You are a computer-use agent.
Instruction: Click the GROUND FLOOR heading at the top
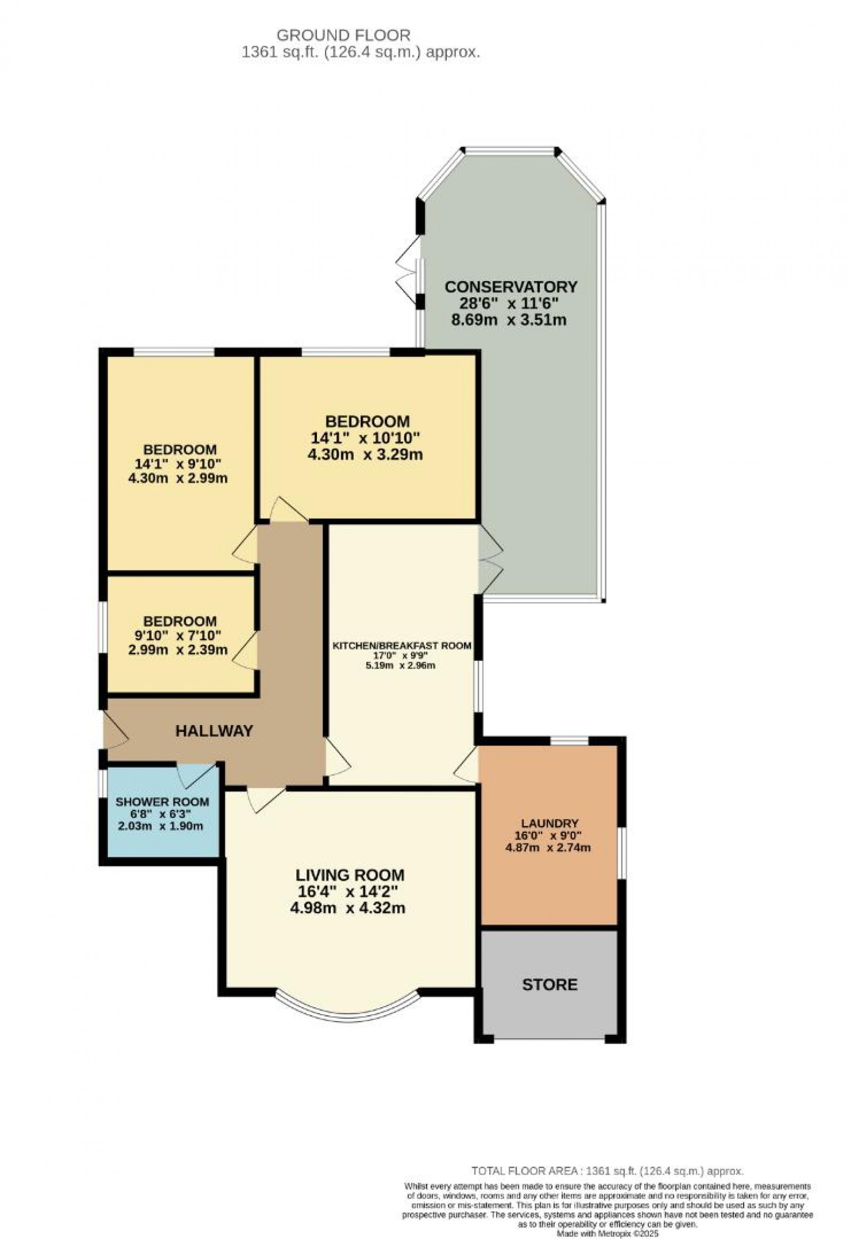click(x=344, y=36)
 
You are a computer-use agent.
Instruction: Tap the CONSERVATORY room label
click(x=511, y=287)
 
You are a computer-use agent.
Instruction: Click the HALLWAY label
click(x=214, y=731)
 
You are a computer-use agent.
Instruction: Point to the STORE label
click(x=549, y=985)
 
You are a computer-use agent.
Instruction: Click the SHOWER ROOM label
click(x=162, y=802)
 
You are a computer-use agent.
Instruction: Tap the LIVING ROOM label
click(x=350, y=875)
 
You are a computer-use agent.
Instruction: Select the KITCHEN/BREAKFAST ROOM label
click(x=402, y=646)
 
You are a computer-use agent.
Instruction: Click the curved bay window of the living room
click(x=349, y=1012)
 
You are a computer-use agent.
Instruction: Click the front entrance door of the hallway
click(x=115, y=732)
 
